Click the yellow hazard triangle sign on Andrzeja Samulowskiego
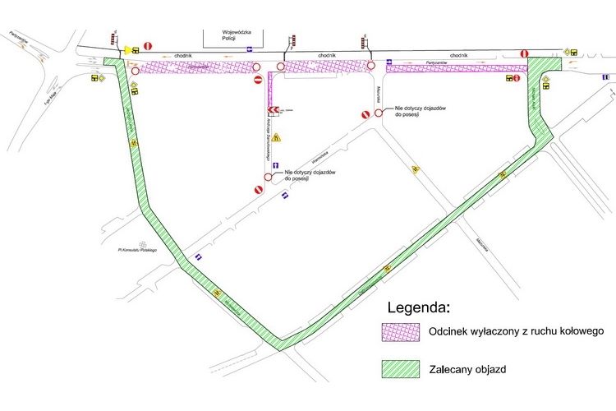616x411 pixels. pos(278,137)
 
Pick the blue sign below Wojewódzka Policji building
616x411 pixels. pos(249,49)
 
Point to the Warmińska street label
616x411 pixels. pos(309,154)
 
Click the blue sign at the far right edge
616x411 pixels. pos(605,76)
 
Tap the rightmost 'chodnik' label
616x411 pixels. pos(459,54)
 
